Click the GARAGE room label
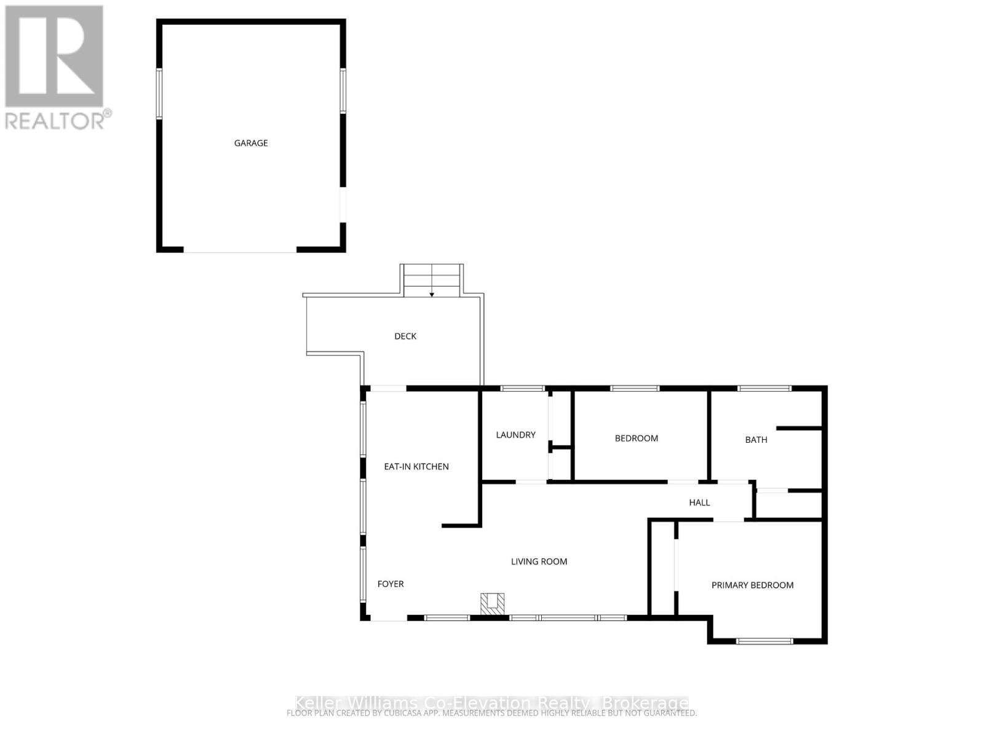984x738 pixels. pyautogui.click(x=251, y=143)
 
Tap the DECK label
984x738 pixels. pyautogui.click(x=405, y=336)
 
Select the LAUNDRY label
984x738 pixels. pyautogui.click(x=515, y=435)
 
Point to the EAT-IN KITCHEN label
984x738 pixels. pyautogui.click(x=416, y=466)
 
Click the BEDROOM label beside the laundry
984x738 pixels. pyautogui.click(x=637, y=438)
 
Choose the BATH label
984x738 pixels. pyautogui.click(x=756, y=440)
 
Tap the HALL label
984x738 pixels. pyautogui.click(x=699, y=502)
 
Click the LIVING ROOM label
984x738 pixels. pyautogui.click(x=539, y=561)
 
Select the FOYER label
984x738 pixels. pyautogui.click(x=391, y=584)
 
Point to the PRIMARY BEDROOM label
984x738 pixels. pyautogui.click(x=752, y=585)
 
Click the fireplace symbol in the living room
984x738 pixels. pyautogui.click(x=492, y=603)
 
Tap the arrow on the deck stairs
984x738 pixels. pyautogui.click(x=432, y=294)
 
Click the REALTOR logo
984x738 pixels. pyautogui.click(x=56, y=68)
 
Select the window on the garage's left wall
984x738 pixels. pyautogui.click(x=159, y=93)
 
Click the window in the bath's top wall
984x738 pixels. pyautogui.click(x=764, y=388)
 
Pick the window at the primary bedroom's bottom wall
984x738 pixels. pyautogui.click(x=764, y=641)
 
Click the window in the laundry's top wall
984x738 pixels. pyautogui.click(x=522, y=388)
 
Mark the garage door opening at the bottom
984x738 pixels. pyautogui.click(x=240, y=250)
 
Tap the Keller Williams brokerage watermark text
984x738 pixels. pyautogui.click(x=491, y=702)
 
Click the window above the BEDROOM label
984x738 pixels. pyautogui.click(x=634, y=388)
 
